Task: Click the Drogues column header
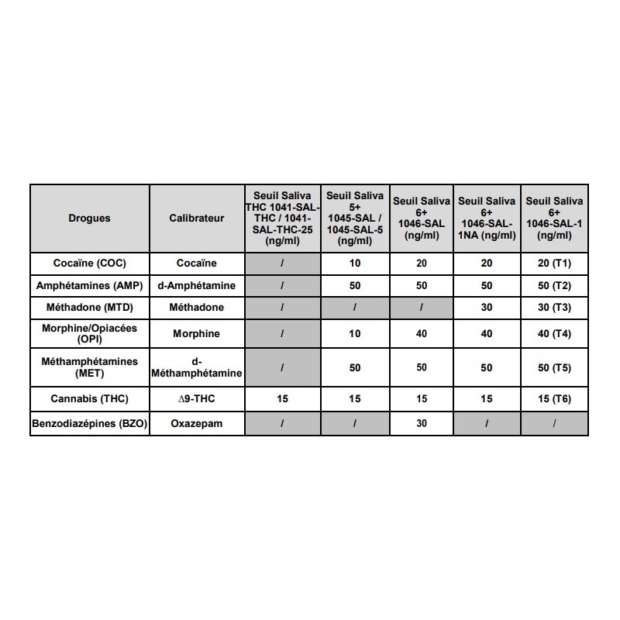coord(89,218)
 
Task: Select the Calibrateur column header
coord(196,218)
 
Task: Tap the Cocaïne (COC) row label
coord(89,263)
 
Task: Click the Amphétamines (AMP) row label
coord(89,285)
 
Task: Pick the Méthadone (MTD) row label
coord(89,307)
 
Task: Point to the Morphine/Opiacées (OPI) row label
coord(89,334)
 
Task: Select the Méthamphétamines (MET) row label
coord(89,367)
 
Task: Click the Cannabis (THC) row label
coord(89,399)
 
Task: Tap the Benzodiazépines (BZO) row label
coord(89,424)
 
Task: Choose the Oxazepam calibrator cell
coord(196,424)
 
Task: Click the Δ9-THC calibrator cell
coord(196,399)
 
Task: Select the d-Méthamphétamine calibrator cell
coord(196,367)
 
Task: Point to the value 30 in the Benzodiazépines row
coord(422,424)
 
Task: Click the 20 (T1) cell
coord(554,263)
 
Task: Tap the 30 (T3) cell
coord(554,307)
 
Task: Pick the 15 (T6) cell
coord(554,399)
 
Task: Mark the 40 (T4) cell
coord(554,334)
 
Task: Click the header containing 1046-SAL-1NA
coord(487,218)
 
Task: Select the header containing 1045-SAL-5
coord(355,218)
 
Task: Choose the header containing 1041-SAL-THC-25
coord(282,218)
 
